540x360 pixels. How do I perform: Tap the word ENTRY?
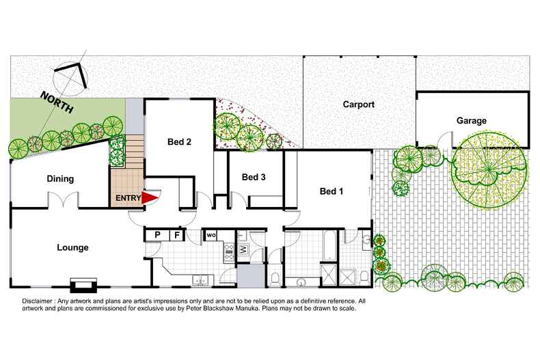pos(129,198)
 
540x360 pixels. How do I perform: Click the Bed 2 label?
pos(179,142)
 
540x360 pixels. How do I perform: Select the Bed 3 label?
pos(254,177)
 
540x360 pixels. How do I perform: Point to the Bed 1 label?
pos(332,191)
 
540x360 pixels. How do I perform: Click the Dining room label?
pos(60,179)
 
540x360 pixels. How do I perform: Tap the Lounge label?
pos(73,247)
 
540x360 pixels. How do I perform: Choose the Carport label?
pos(359,105)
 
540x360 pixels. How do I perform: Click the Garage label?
pos(472,121)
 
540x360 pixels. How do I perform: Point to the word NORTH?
pos(57,106)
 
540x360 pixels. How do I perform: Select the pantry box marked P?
pos(157,235)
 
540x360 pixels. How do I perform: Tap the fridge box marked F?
pos(176,235)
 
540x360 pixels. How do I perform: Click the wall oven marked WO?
pos(211,236)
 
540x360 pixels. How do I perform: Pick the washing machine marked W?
pos(243,249)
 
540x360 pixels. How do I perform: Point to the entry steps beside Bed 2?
pos(135,150)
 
